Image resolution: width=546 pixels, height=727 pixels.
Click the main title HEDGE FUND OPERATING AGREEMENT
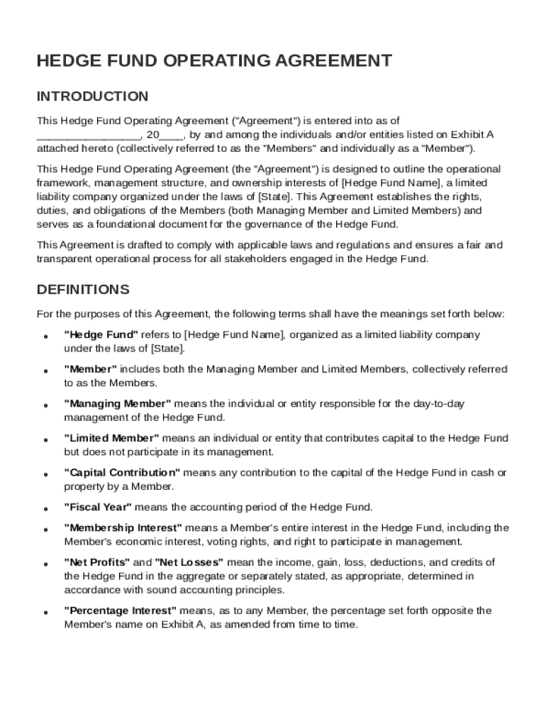coord(214,61)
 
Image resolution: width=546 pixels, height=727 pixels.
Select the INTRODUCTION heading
coord(92,96)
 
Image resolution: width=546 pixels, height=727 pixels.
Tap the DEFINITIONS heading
coord(83,290)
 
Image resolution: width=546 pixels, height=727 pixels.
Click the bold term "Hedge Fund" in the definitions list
coord(101,334)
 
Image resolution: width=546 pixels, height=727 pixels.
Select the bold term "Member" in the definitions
coord(91,369)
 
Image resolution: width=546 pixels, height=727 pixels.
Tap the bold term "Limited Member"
coord(111,438)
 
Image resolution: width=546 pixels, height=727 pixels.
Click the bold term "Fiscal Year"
coord(98,507)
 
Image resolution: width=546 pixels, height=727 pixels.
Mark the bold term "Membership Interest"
coord(123,528)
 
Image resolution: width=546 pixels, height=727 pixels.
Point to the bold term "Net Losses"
coord(189,562)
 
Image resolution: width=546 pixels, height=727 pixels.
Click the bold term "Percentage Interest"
coord(120,611)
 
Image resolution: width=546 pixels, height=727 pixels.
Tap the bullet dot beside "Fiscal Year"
coord(45,509)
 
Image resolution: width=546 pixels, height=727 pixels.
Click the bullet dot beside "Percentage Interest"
coord(45,613)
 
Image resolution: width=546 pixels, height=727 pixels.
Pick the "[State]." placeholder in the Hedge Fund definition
coord(167,349)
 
